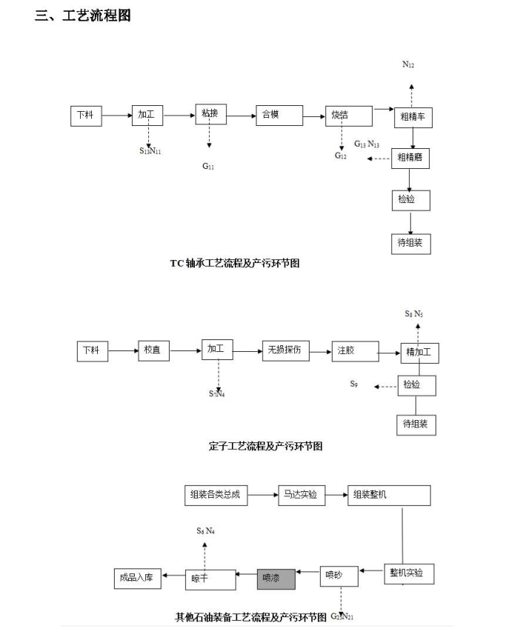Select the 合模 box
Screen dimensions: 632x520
pos(279,115)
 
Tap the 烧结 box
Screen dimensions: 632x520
pos(347,116)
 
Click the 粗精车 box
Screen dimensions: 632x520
pos(413,117)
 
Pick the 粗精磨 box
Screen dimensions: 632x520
pos(410,157)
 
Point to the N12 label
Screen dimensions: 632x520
pos(408,65)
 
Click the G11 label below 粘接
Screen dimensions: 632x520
pos(208,167)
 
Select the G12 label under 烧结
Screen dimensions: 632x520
pos(340,156)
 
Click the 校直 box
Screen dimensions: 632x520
pos(153,350)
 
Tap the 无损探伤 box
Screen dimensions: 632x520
pos(285,350)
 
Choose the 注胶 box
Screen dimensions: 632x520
pos(354,350)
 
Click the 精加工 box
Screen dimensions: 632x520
pos(419,353)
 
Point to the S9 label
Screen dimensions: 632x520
pos(354,384)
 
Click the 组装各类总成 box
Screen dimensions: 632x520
pos(217,495)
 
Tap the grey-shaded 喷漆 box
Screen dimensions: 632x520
pos(276,578)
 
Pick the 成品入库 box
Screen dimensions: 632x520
pos(139,578)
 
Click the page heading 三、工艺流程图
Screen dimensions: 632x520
pos(82,16)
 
